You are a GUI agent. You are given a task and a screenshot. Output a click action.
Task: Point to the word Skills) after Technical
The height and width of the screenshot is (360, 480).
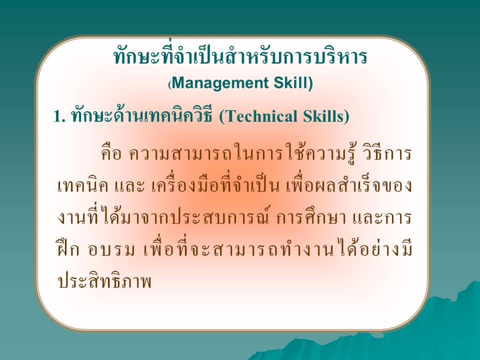(326, 116)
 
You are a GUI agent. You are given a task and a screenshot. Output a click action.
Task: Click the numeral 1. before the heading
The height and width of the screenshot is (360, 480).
(59, 116)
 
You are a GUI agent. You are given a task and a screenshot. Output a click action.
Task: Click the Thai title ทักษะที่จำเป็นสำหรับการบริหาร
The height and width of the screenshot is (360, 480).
(240, 56)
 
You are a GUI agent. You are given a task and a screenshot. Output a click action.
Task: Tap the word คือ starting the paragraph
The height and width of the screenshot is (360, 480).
(111, 153)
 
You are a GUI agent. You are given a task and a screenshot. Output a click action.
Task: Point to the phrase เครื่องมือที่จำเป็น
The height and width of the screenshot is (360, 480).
(215, 184)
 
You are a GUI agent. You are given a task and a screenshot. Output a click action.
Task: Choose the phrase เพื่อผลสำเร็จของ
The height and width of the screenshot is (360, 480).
(349, 184)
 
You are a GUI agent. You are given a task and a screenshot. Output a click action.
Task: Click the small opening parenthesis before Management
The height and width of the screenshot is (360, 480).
(170, 84)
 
